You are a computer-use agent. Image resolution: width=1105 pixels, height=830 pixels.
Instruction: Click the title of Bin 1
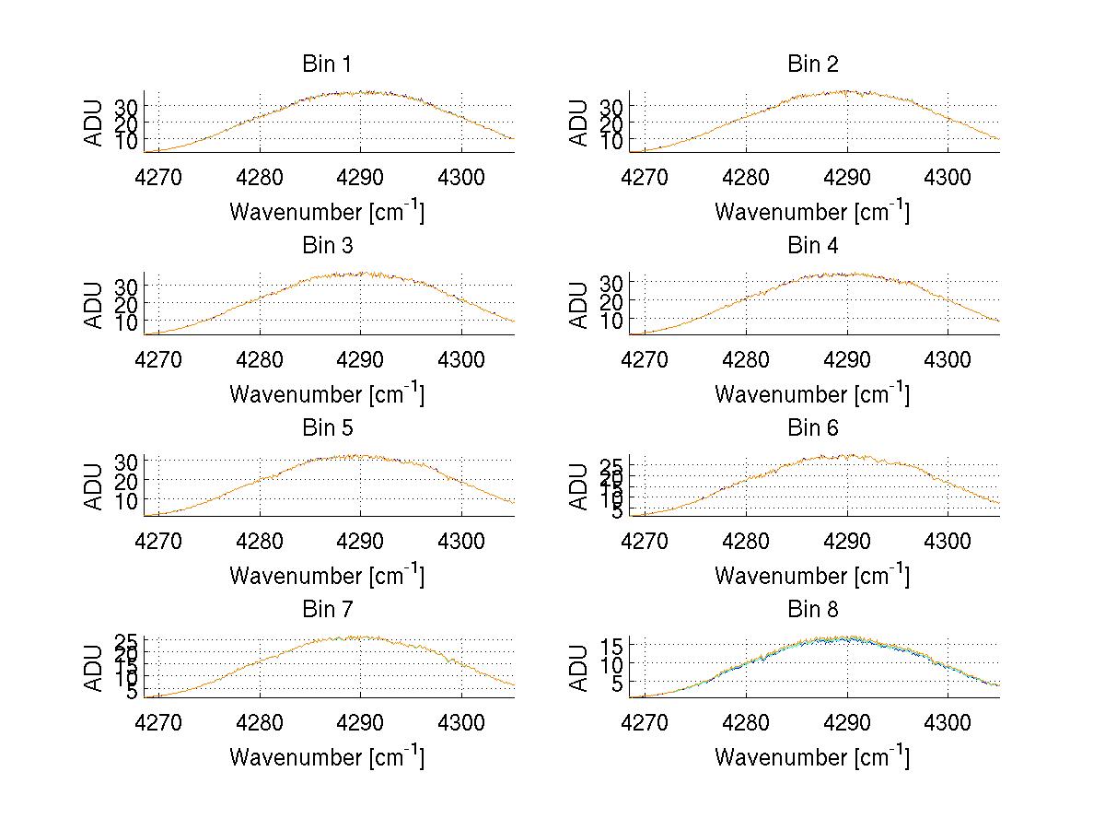tap(327, 64)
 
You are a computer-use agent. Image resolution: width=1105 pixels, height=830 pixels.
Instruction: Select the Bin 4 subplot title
tap(812, 246)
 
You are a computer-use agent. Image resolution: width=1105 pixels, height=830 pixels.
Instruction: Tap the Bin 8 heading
tap(812, 610)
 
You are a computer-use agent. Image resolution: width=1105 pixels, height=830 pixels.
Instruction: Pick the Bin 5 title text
tap(327, 428)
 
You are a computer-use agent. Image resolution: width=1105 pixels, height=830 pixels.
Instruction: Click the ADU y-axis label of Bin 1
tap(94, 122)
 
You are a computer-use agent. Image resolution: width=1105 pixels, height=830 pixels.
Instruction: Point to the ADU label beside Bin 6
tap(579, 485)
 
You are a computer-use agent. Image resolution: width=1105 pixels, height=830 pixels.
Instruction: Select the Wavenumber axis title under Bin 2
tap(812, 212)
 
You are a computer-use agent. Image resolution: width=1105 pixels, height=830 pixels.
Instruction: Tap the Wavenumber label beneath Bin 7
tap(327, 757)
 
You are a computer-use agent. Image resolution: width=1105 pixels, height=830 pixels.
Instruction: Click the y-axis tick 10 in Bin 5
tap(126, 500)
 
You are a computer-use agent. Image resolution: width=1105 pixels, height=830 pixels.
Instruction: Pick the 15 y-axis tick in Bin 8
tap(611, 646)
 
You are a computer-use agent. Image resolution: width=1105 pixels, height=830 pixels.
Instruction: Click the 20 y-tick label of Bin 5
tap(126, 480)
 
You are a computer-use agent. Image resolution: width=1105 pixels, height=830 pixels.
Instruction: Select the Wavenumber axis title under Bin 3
tap(327, 393)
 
